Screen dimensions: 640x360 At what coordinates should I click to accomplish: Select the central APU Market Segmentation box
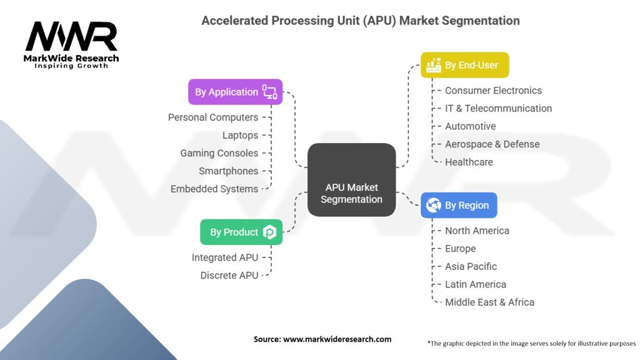(352, 180)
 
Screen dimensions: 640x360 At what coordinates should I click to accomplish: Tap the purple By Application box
(235, 92)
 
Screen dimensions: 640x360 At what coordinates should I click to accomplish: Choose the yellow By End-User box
(464, 65)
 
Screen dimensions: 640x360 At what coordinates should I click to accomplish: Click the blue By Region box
(459, 205)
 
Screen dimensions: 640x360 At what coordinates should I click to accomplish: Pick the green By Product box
(241, 232)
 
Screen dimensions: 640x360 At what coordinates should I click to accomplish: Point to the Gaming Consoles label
(219, 153)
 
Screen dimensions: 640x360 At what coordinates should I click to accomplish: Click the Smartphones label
(228, 171)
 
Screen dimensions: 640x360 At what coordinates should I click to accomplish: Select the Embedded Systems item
(214, 189)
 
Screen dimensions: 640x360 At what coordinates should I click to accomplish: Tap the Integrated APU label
(224, 257)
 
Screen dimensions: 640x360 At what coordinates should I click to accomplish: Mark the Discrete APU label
(229, 275)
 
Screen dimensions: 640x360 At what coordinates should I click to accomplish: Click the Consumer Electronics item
(493, 91)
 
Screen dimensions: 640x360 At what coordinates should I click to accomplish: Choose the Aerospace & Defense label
(492, 144)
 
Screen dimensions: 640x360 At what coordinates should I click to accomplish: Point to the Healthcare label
(469, 162)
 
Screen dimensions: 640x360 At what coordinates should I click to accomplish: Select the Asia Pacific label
(471, 266)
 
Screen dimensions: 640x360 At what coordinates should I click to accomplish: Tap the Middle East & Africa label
(489, 302)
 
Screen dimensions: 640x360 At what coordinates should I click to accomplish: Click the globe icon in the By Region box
(432, 205)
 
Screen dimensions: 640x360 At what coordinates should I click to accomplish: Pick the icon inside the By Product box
(269, 232)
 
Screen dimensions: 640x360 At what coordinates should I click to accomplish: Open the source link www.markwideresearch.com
(337, 339)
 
